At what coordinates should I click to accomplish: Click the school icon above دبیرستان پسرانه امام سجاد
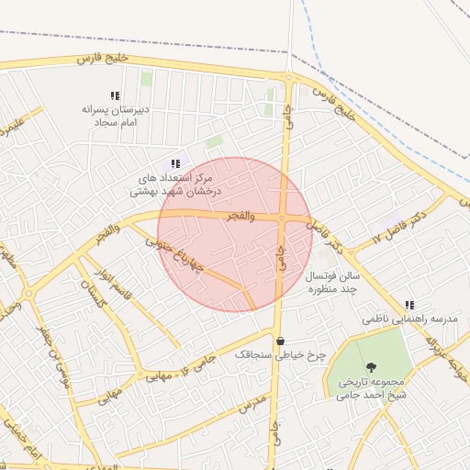pos(115,95)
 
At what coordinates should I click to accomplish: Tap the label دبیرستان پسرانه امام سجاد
pos(115,115)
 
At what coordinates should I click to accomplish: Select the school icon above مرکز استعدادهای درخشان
pos(175,163)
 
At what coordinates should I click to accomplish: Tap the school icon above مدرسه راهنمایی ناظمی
pos(409,305)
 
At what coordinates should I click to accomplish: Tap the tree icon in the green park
pos(370,364)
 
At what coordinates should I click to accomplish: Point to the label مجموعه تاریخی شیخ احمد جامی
pos(371,387)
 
